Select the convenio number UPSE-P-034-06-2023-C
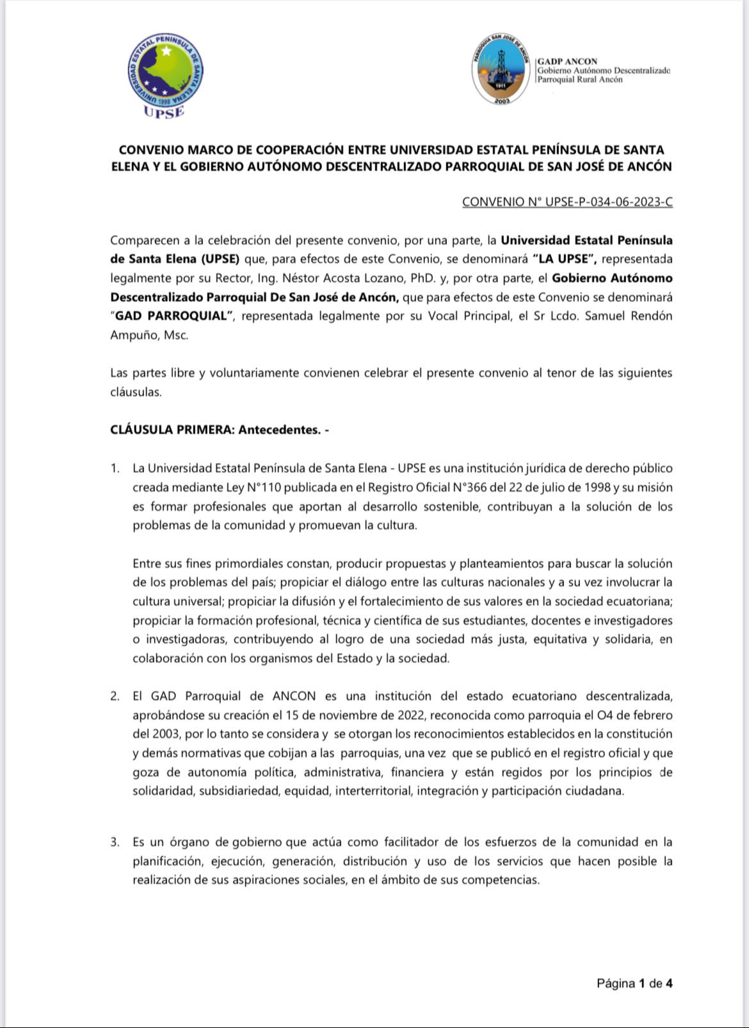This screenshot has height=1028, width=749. point(567,202)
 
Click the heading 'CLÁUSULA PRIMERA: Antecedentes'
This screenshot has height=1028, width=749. point(220,430)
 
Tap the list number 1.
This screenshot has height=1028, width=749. point(115,469)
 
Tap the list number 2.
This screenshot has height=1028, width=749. point(115,696)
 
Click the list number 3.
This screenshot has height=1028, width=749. point(115,842)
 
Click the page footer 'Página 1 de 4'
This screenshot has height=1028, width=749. point(634,983)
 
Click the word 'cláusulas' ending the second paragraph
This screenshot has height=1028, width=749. point(135,392)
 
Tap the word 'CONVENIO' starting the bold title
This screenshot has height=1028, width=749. point(151,150)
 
